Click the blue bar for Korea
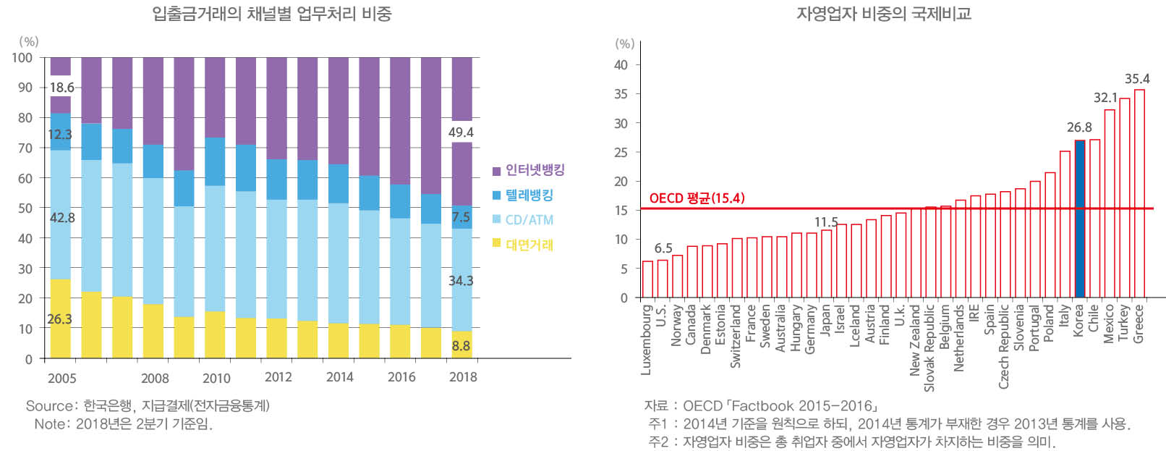[x=1079, y=219]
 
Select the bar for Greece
[x=1139, y=193]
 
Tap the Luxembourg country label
[x=647, y=339]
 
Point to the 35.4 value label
[x=1136, y=79]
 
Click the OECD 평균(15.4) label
[x=697, y=198]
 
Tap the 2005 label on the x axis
[x=61, y=378]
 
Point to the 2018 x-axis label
[x=463, y=377]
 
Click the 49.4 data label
[x=461, y=132]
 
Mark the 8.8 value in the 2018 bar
[x=461, y=346]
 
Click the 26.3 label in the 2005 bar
[x=59, y=319]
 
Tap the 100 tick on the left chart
[x=22, y=58]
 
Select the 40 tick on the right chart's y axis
[x=621, y=65]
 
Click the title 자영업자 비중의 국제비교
[x=884, y=14]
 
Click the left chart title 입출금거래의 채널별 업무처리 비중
[x=272, y=14]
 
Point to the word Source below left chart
[x=49, y=406]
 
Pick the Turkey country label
[x=1123, y=322]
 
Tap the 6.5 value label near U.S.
[x=663, y=248]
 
